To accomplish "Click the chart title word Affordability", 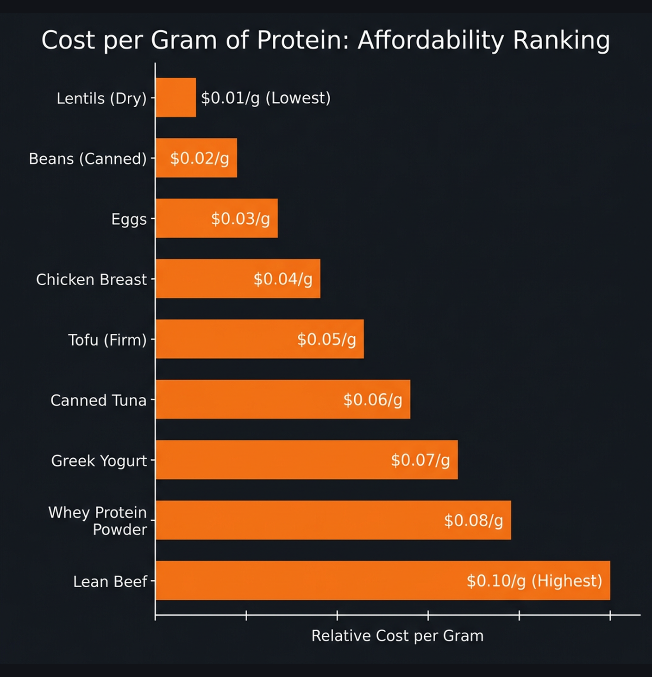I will pyautogui.click(x=430, y=40).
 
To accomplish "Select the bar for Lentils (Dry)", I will pyautogui.click(x=176, y=98).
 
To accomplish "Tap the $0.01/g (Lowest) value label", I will pyautogui.click(x=265, y=98).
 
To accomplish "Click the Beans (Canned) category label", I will pyautogui.click(x=88, y=159).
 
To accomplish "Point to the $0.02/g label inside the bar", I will pyautogui.click(x=200, y=158).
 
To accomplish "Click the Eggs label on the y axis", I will pyautogui.click(x=129, y=219).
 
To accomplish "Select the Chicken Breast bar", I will pyautogui.click(x=204, y=279).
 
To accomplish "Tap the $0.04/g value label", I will pyautogui.click(x=283, y=279).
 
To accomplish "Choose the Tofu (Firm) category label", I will pyautogui.click(x=107, y=340).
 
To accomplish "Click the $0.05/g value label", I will pyautogui.click(x=326, y=339).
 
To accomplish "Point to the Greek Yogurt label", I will pyautogui.click(x=99, y=461).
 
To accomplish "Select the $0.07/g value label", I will pyautogui.click(x=420, y=460).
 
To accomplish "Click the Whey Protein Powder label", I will pyautogui.click(x=98, y=521).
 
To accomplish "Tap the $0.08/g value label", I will pyautogui.click(x=473, y=521).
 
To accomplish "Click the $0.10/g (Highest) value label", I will pyautogui.click(x=534, y=581).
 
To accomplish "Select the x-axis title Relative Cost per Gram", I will pyautogui.click(x=397, y=636).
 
